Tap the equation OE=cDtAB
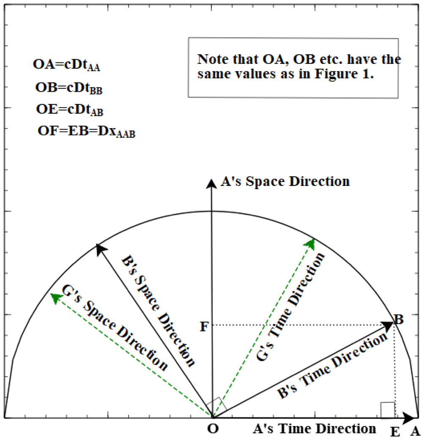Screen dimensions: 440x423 click(70, 110)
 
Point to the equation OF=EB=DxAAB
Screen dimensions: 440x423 click(87, 133)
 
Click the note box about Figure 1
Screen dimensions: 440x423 click(293, 67)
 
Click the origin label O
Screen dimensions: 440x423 click(213, 429)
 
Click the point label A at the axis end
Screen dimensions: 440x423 click(415, 431)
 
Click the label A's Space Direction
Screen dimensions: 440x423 click(285, 182)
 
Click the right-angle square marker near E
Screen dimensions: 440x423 click(387, 410)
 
